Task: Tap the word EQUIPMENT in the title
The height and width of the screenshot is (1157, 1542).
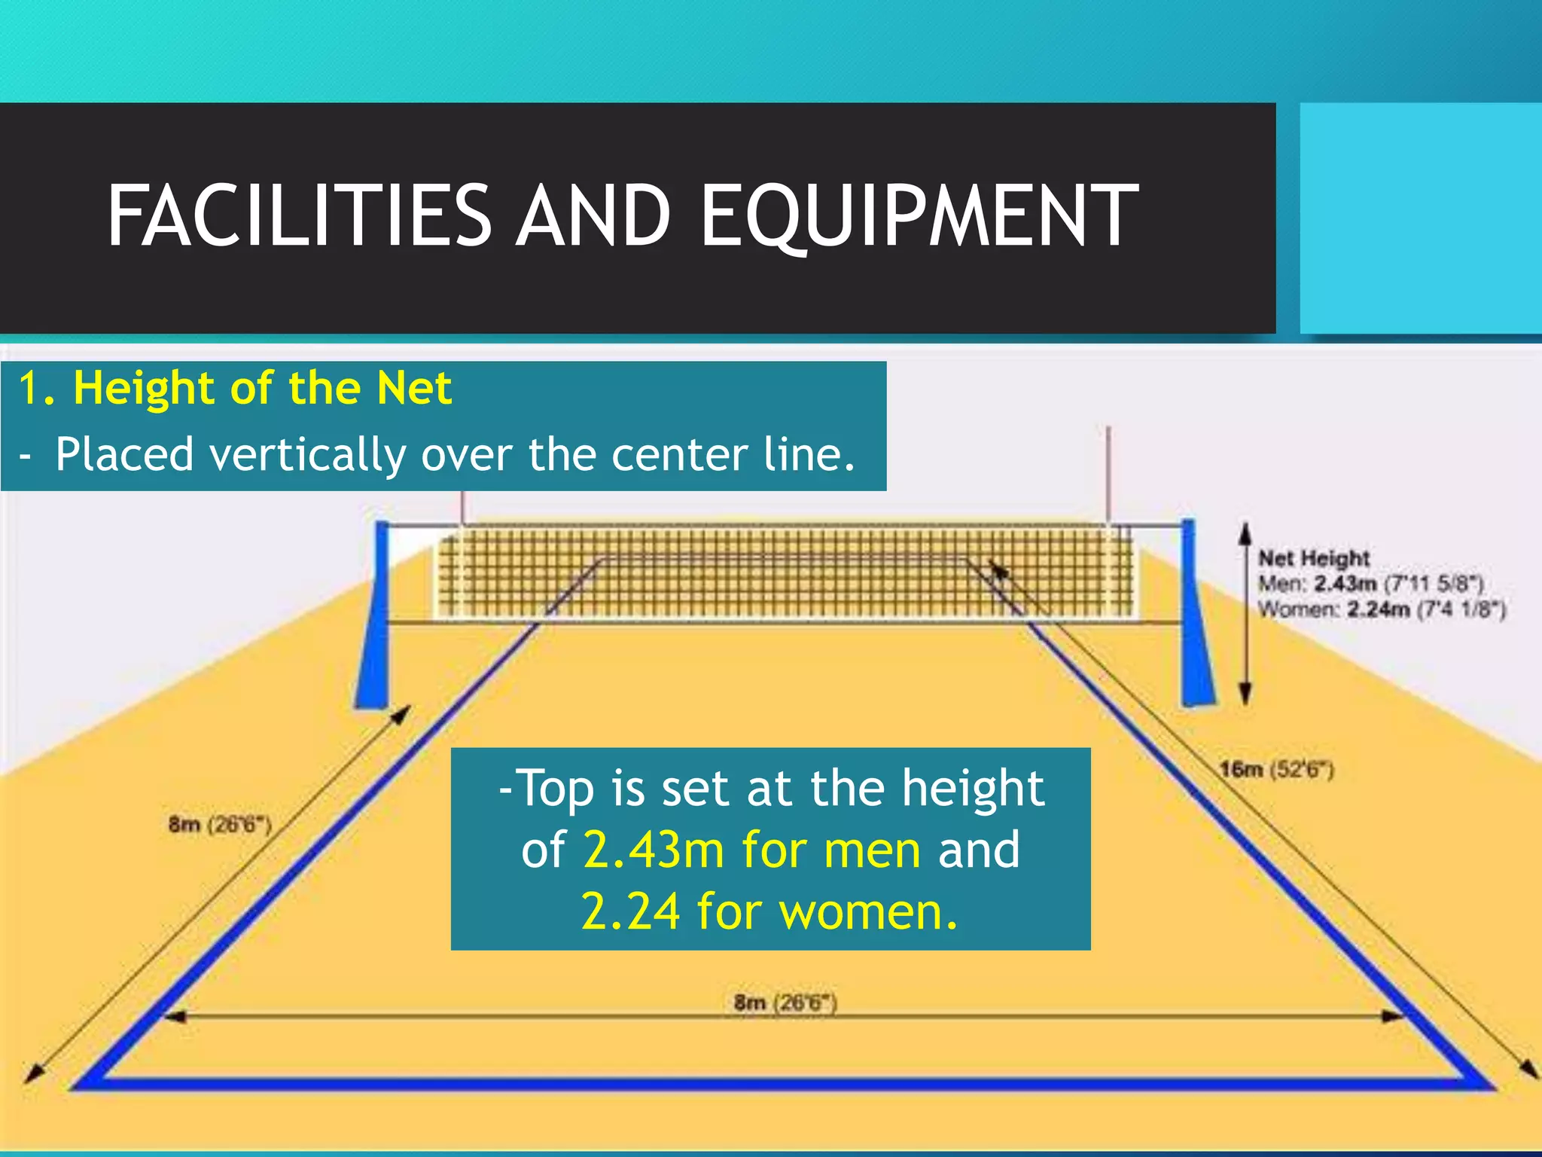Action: click(x=919, y=216)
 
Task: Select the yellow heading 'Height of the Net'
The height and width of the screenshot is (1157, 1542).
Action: click(x=262, y=388)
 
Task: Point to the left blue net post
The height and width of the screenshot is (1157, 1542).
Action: click(x=374, y=618)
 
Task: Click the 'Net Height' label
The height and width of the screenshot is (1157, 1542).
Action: click(x=1314, y=558)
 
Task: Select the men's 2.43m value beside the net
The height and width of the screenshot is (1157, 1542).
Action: click(x=1345, y=584)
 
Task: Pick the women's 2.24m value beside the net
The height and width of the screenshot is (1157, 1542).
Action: click(x=1378, y=609)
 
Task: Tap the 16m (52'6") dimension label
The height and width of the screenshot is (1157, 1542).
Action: click(x=1276, y=769)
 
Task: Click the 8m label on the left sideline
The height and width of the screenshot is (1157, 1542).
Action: click(x=219, y=824)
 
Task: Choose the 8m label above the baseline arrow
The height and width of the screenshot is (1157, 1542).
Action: click(x=785, y=1003)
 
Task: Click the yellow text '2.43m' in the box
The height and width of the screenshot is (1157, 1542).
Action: click(x=654, y=850)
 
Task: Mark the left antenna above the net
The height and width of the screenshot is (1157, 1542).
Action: click(x=463, y=505)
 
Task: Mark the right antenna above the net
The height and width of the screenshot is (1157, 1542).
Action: click(x=1108, y=475)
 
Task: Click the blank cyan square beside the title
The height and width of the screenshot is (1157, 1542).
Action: click(x=1420, y=218)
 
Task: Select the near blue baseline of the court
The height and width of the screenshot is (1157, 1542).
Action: click(x=783, y=1083)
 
